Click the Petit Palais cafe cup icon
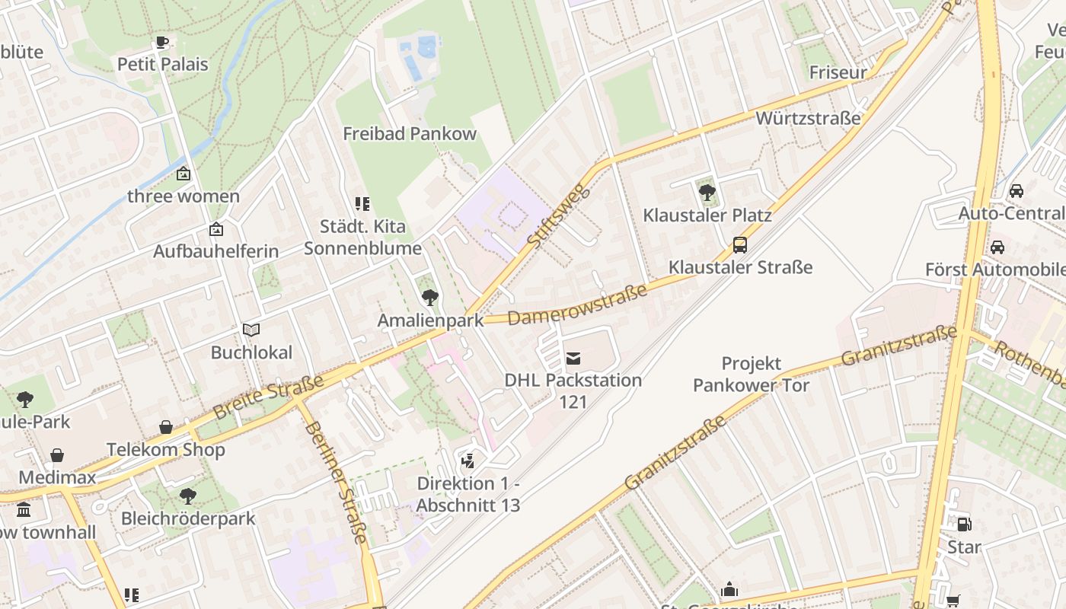tap(161, 43)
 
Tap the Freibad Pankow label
tap(410, 134)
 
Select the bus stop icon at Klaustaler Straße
tap(740, 245)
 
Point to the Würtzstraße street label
tap(808, 118)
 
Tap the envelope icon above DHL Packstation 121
tap(573, 358)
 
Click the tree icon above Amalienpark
tap(430, 298)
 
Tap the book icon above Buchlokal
tap(251, 330)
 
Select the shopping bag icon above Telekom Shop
tap(166, 427)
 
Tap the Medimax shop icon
tap(57, 455)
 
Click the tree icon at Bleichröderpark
tap(188, 497)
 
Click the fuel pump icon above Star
tap(964, 524)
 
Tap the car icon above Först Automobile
tap(997, 247)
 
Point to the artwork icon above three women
tap(184, 174)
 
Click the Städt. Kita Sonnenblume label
tap(362, 238)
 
